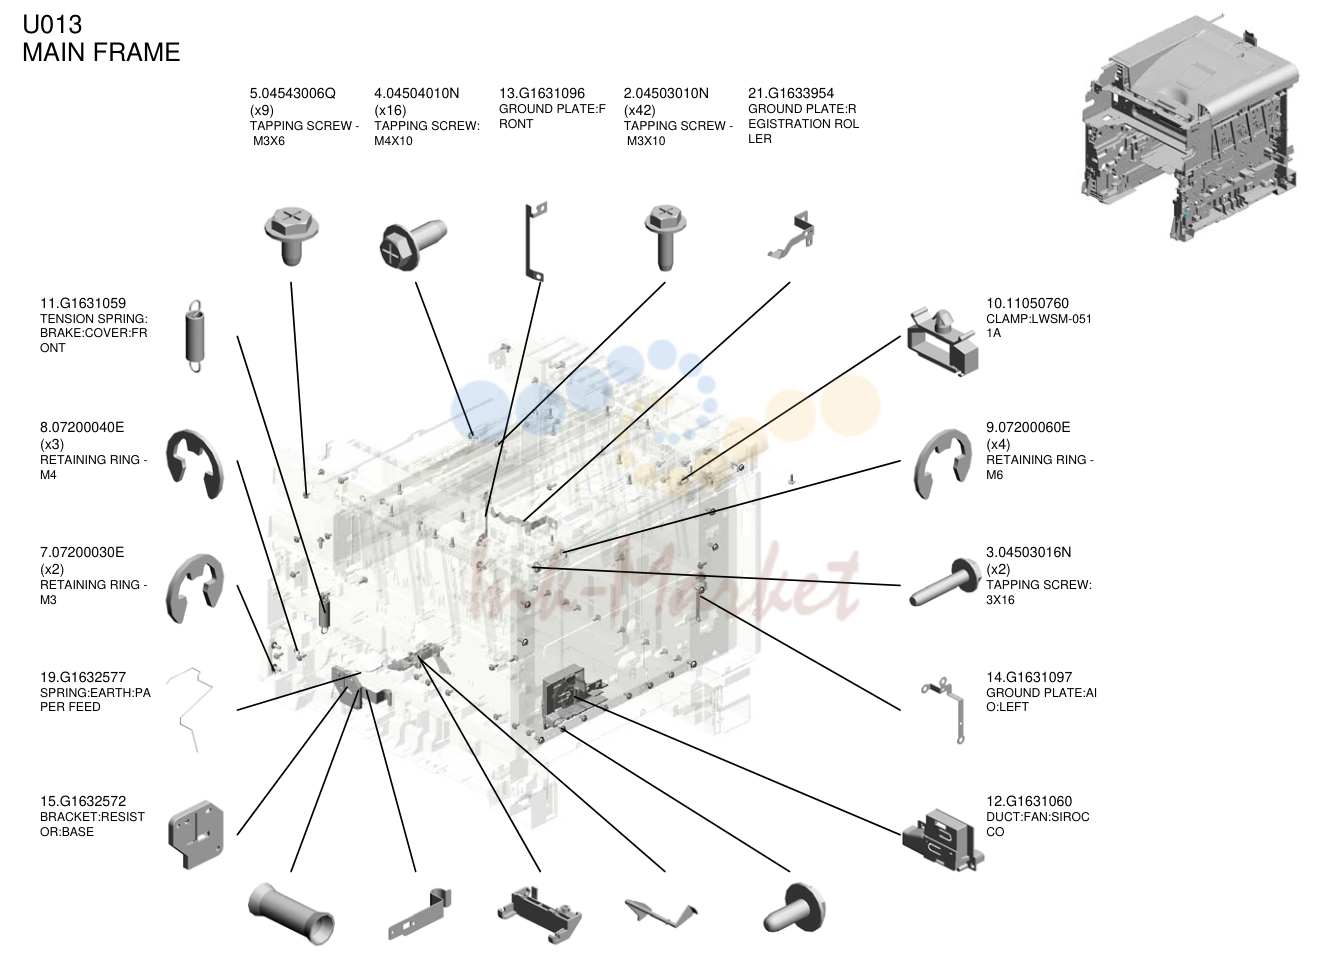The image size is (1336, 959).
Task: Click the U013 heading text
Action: pos(52,24)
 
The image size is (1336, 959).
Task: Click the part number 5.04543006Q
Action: pos(292,93)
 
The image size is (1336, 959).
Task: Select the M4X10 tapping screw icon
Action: pos(413,245)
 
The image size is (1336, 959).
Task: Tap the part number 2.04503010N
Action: pos(666,93)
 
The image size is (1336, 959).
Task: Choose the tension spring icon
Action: pos(194,336)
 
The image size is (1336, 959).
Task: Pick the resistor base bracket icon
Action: pos(196,834)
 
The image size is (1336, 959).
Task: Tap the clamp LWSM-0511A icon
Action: pos(942,342)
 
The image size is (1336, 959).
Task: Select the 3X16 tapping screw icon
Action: pos(945,582)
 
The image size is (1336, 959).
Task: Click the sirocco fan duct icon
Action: pos(942,839)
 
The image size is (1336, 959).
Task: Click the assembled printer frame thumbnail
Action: pos(1190,128)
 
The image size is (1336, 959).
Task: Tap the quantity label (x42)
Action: pos(639,110)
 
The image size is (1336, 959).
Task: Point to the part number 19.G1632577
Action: pos(83,677)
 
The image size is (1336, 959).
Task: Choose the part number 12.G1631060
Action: pos(1029,801)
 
